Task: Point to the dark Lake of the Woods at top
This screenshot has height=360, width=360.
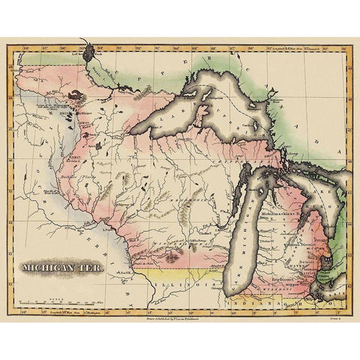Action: (91, 52)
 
